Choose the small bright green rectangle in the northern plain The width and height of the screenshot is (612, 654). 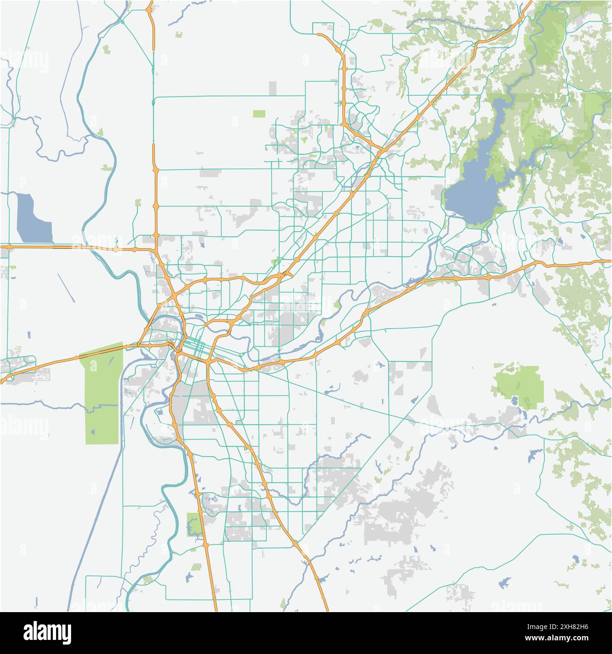[x=259, y=113]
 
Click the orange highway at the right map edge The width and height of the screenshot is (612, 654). [x=605, y=261]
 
